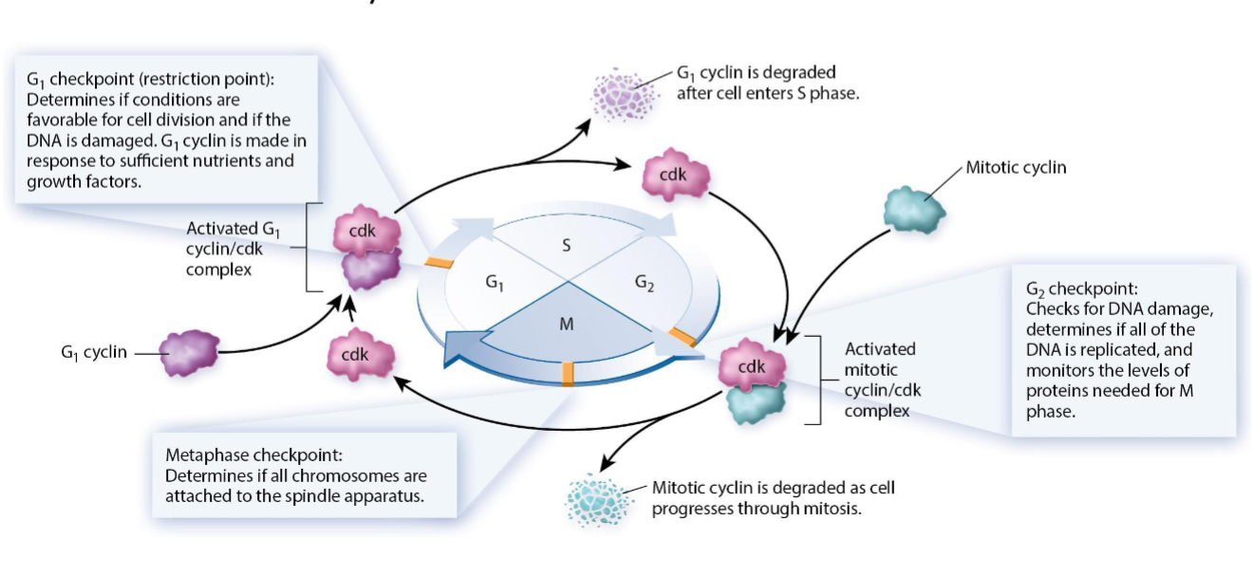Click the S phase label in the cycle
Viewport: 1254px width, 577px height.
point(567,246)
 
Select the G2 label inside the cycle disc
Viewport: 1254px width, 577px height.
point(645,282)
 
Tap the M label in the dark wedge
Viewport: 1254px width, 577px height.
point(567,324)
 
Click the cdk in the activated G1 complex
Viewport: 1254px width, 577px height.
point(364,231)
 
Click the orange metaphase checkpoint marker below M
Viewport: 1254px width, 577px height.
point(568,374)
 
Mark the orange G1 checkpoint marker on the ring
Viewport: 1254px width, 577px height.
point(439,261)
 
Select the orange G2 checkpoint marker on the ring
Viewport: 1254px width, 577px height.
point(683,335)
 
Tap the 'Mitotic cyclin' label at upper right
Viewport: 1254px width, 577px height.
point(1016,168)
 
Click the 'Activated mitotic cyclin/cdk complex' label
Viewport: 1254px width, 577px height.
point(882,380)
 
